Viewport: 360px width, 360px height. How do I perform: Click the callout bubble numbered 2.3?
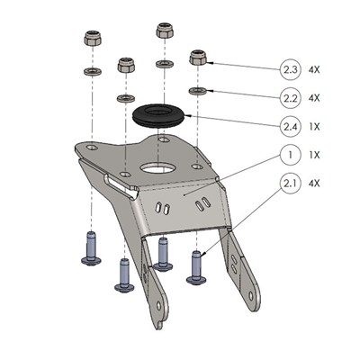(x=290, y=70)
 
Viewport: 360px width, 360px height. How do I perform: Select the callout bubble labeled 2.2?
(x=290, y=98)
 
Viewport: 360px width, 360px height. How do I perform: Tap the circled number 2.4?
(x=290, y=127)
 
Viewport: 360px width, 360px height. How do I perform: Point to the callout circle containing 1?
(x=290, y=155)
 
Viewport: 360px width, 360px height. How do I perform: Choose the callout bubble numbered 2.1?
(x=290, y=183)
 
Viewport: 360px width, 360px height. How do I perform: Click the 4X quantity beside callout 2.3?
(x=314, y=70)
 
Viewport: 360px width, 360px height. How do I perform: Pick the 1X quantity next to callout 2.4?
(x=314, y=127)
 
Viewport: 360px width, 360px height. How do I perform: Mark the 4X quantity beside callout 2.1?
(x=314, y=183)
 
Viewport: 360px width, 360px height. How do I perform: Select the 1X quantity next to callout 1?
(x=314, y=155)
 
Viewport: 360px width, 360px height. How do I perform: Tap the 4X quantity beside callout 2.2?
(x=314, y=98)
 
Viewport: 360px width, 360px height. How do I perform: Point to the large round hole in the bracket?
(x=157, y=168)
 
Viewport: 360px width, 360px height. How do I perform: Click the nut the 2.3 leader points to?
(x=198, y=57)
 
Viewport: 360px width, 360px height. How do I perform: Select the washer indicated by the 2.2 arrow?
(x=197, y=90)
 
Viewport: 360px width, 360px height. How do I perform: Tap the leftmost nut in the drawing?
(x=93, y=38)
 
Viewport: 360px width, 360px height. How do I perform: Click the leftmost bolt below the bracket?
(x=91, y=248)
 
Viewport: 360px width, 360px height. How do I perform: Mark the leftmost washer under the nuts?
(x=92, y=71)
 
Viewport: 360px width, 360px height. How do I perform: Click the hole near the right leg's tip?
(x=251, y=296)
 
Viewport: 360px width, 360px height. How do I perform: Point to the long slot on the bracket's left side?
(x=120, y=186)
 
